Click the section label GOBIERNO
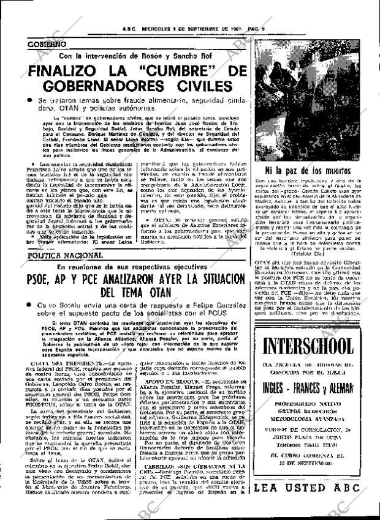tap(48, 45)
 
